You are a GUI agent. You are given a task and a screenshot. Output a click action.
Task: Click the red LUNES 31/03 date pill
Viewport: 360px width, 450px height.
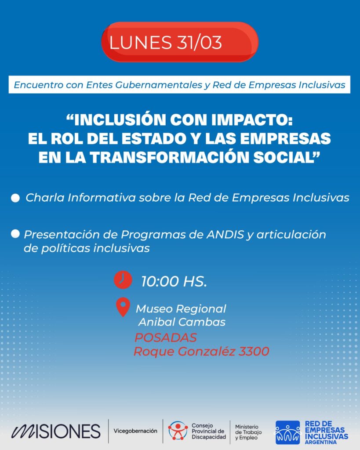tap(180, 42)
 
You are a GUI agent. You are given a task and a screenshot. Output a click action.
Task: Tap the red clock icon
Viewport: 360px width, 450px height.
tap(123, 279)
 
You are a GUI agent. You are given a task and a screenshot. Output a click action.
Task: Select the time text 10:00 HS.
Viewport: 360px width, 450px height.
tap(174, 281)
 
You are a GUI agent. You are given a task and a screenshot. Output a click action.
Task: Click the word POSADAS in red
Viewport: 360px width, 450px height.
tap(166, 337)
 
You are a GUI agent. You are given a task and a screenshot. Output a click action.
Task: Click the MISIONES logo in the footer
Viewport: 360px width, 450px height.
tap(56, 431)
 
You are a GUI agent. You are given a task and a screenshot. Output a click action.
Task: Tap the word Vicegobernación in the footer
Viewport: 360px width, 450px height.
tap(135, 431)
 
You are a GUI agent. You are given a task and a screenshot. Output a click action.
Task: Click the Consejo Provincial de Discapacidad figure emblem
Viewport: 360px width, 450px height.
tap(178, 431)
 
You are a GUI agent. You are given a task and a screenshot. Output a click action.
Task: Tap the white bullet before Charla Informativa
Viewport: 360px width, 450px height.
tap(15, 198)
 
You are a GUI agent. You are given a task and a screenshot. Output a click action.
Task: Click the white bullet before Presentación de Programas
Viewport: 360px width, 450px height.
tap(15, 234)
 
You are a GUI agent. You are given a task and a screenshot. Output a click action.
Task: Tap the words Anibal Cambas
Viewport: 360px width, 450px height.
tap(182, 322)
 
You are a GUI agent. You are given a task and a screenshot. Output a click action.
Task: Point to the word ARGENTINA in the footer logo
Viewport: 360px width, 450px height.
tap(321, 442)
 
